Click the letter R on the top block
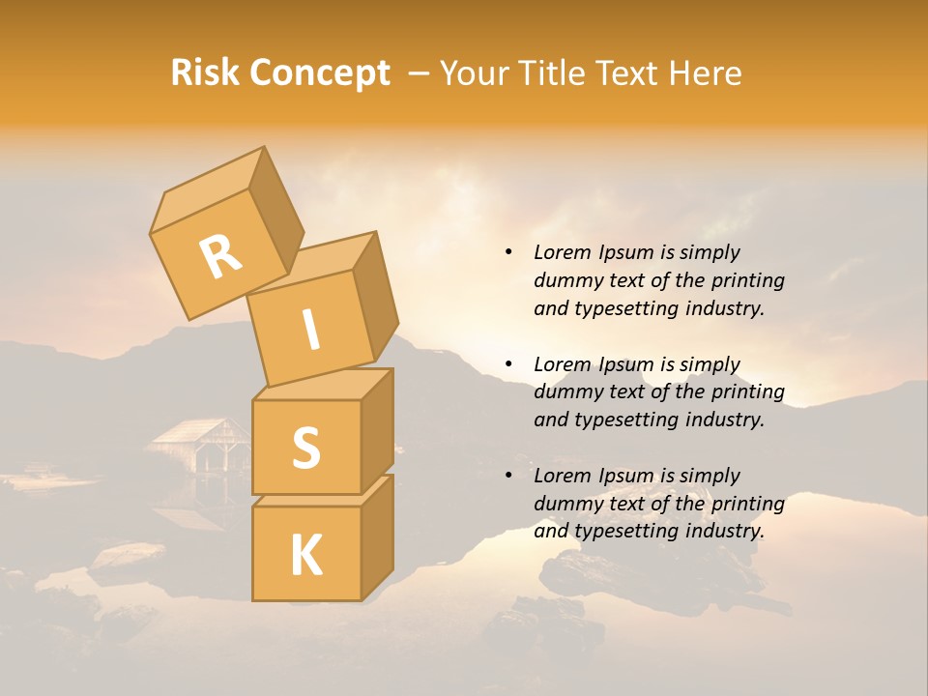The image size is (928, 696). tap(220, 257)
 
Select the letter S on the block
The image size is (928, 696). tap(305, 448)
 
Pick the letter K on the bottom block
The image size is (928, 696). tap(305, 556)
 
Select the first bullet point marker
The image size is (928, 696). tap(508, 253)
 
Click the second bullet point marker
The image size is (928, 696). tap(508, 364)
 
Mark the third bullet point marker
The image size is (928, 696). tap(508, 476)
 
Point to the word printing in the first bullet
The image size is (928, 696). tap(747, 280)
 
